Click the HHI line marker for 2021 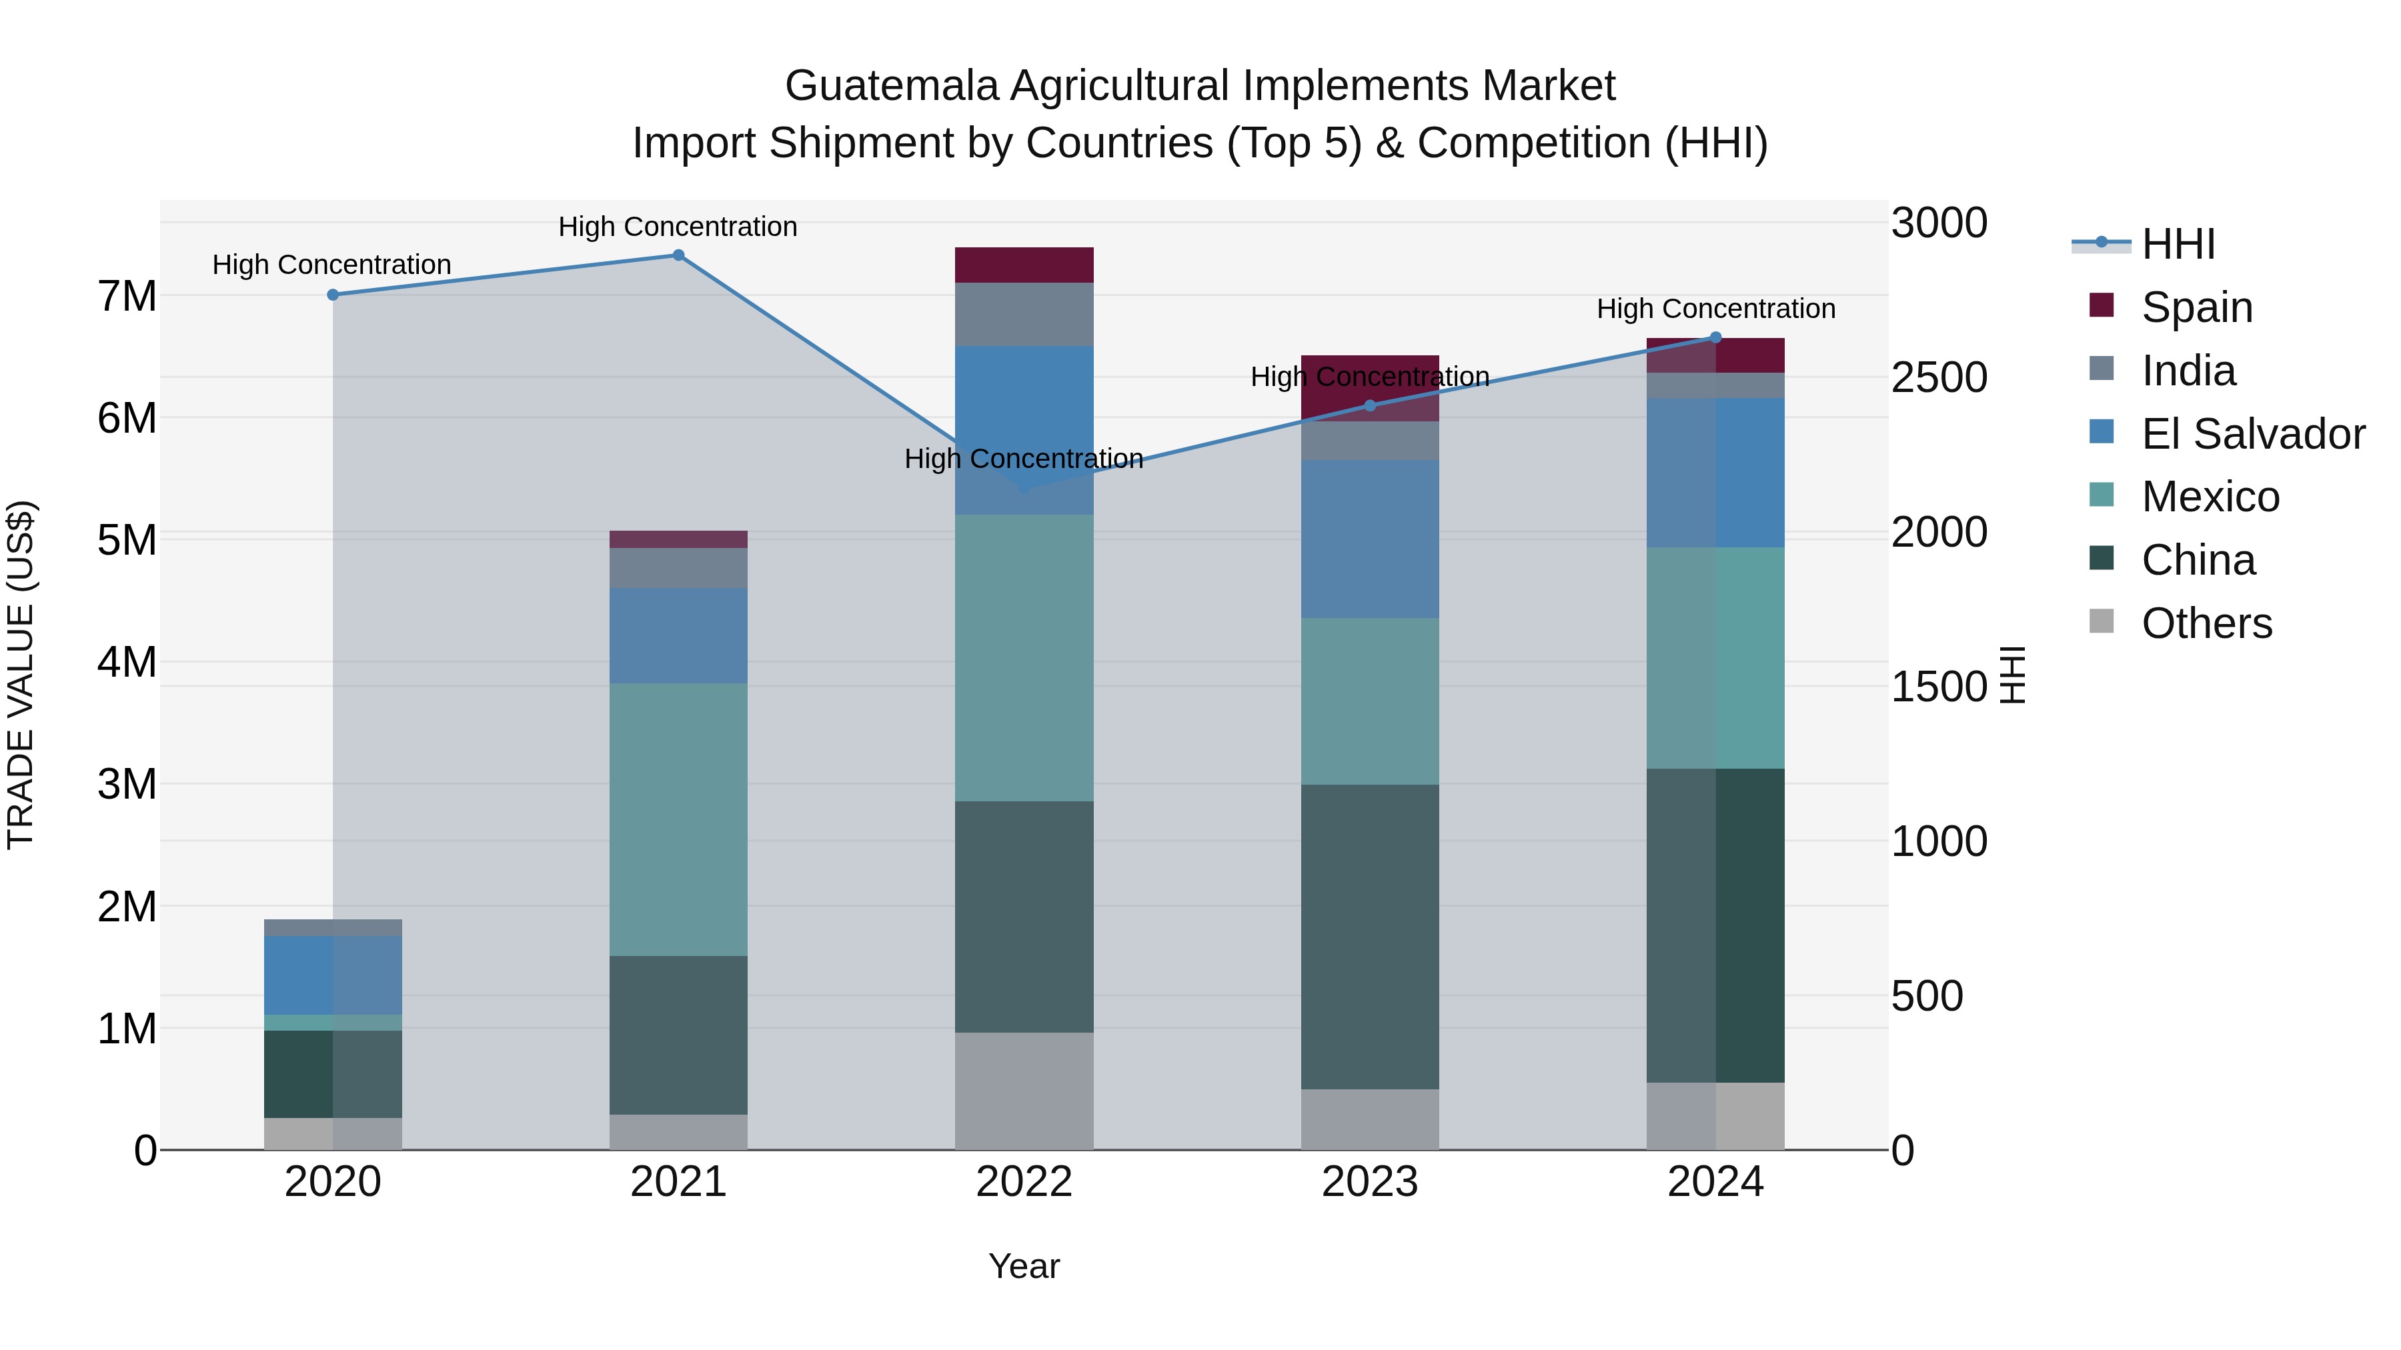pos(678,255)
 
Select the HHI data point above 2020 pos(333,295)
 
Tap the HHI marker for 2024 pos(1716,338)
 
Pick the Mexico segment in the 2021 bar pos(678,820)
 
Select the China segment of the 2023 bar pos(1369,937)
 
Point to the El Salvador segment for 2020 pos(333,975)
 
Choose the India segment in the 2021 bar pos(678,567)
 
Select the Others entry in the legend pos(2206,623)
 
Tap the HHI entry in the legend pos(2178,244)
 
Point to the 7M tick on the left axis pos(127,296)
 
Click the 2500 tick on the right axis pos(1939,377)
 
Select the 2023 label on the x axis pos(1369,1182)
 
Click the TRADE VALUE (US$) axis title pos(21,675)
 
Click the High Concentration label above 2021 pos(678,227)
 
